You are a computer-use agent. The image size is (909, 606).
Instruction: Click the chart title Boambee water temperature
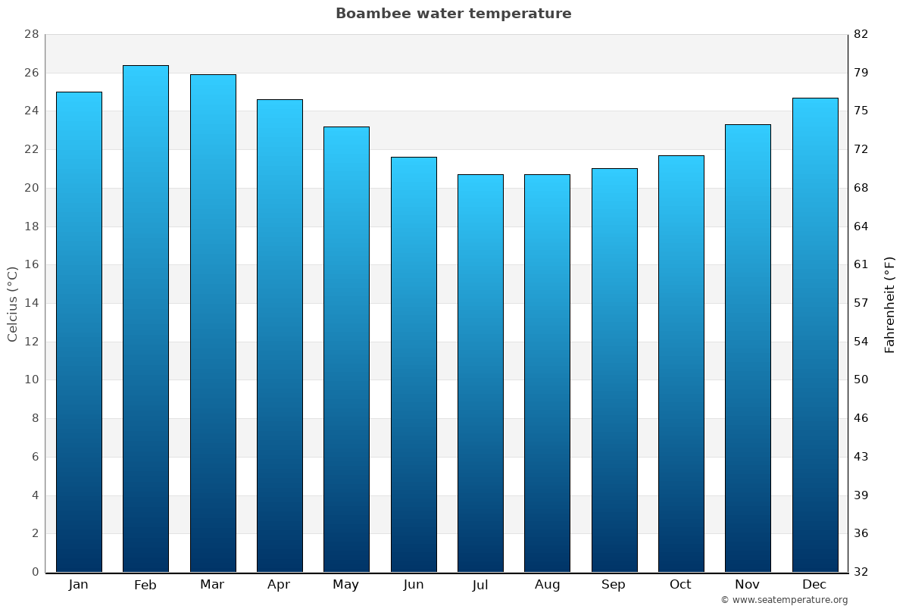[x=453, y=14]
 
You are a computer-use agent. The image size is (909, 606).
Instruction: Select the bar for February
[x=145, y=318]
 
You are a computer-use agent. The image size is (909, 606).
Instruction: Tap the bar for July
[x=480, y=373]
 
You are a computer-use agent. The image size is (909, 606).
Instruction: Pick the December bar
[x=814, y=335]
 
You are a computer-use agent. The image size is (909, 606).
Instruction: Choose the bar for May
[x=346, y=349]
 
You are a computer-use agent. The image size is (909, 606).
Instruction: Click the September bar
[x=614, y=370]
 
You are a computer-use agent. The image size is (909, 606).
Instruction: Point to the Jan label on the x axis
[x=78, y=585]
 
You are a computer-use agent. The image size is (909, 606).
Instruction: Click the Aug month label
[x=547, y=585]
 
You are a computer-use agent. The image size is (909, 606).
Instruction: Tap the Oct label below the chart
[x=680, y=585]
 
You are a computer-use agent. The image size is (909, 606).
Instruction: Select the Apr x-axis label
[x=279, y=585]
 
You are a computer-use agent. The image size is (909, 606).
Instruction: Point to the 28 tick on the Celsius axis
[x=31, y=35]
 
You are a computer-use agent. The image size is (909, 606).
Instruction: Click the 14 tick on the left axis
[x=31, y=303]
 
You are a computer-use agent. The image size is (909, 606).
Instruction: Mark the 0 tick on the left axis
[x=35, y=572]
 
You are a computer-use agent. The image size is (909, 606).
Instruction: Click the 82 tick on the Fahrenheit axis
[x=861, y=35]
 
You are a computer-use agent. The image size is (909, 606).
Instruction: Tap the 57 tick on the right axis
[x=861, y=303]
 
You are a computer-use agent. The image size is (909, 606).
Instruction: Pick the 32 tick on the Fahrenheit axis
[x=861, y=572]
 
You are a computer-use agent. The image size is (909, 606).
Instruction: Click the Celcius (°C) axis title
[x=13, y=303]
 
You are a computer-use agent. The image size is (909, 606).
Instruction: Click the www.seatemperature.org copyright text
[x=783, y=600]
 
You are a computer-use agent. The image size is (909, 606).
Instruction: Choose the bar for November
[x=748, y=348]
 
